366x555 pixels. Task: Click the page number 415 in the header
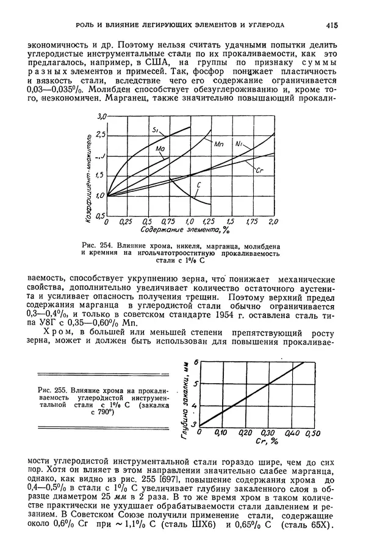pyautogui.click(x=332, y=25)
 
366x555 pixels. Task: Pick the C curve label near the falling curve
pyautogui.click(x=199, y=185)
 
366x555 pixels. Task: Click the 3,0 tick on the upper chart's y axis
pyautogui.click(x=102, y=116)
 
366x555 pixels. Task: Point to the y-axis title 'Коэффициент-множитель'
pyautogui.click(x=92, y=174)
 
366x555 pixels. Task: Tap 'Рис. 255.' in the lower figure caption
pyautogui.click(x=50, y=389)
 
